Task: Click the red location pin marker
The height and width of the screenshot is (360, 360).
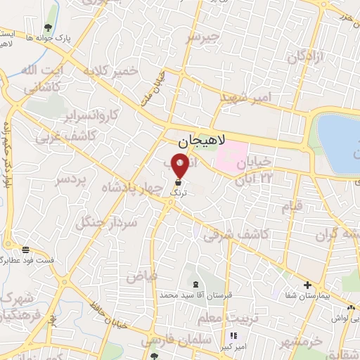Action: click(180, 166)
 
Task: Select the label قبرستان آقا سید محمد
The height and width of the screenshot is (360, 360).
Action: click(191, 296)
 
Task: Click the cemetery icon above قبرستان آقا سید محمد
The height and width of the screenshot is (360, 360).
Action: click(193, 285)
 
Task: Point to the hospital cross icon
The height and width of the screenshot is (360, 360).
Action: click(307, 285)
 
